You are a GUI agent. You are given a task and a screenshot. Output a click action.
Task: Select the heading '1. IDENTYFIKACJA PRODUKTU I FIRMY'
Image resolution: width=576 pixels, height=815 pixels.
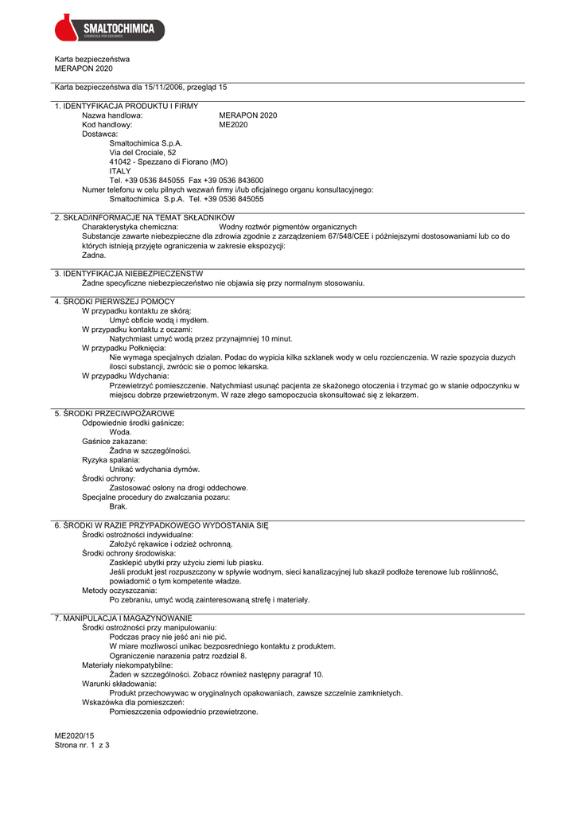pos(126,106)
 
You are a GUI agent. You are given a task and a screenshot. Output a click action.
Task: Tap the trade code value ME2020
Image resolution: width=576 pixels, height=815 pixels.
pos(233,125)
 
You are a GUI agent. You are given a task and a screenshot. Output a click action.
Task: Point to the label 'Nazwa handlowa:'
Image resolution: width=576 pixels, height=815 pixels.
pos(112,115)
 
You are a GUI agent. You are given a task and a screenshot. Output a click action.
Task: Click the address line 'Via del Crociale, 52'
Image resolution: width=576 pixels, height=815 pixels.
pos(143,152)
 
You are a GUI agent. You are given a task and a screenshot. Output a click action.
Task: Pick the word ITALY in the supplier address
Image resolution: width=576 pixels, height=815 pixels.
pos(120,171)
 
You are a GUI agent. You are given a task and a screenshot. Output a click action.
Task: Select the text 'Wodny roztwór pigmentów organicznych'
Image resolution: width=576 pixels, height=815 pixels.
pos(288,227)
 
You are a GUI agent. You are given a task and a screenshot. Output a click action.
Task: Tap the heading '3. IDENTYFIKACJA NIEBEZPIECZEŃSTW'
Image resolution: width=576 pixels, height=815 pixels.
pos(129,274)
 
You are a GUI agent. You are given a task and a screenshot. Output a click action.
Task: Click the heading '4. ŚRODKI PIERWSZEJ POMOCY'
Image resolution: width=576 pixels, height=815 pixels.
pos(115,302)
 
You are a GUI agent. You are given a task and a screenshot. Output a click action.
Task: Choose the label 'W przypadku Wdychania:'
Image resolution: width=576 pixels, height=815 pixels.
pos(123,376)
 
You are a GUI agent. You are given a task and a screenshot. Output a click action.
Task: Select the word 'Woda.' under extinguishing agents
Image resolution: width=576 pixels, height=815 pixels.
pos(120,432)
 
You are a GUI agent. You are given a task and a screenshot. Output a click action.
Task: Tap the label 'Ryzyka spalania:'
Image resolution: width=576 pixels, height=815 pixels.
pos(111,460)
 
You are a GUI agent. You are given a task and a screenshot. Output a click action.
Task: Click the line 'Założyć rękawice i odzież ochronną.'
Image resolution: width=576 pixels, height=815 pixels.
pos(171,544)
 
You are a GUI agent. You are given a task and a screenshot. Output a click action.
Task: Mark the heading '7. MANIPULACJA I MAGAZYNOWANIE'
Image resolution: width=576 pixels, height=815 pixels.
pos(123,618)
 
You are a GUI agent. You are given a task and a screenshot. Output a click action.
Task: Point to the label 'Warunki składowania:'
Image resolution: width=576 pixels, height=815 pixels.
pos(119,684)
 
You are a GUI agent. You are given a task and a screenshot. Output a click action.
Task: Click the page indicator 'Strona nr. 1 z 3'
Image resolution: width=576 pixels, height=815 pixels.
pos(82,746)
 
